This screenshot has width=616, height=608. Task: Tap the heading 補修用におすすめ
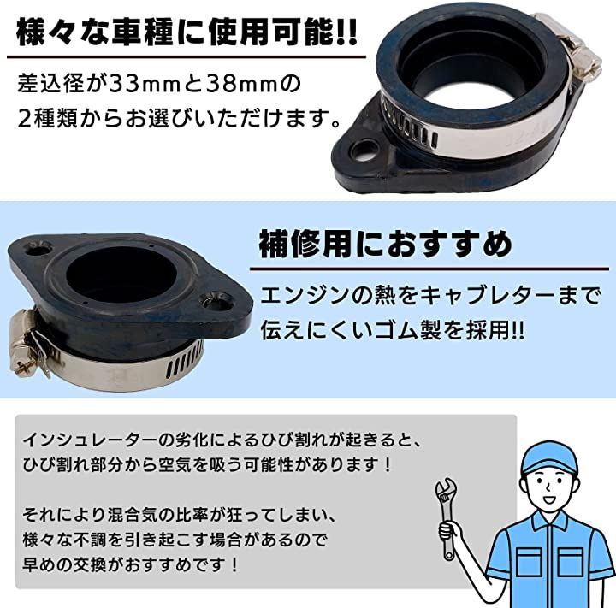385,245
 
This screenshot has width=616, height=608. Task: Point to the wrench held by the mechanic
447,517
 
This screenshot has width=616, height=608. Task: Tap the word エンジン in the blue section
305,296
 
